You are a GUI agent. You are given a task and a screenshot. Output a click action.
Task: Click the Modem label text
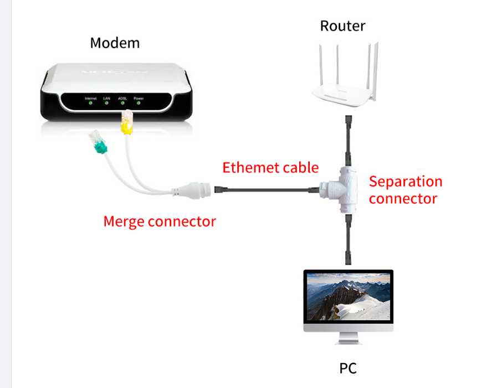pos(115,43)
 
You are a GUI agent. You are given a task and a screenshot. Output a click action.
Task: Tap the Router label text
pos(342,25)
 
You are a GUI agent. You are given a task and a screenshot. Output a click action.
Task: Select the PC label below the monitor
pos(347,368)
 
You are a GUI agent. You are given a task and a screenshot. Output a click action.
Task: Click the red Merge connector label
pos(160,221)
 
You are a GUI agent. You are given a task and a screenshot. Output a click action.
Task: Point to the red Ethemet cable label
pos(270,167)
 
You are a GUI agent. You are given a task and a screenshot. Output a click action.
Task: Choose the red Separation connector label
pos(406,190)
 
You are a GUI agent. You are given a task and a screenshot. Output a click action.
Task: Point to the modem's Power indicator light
pos(139,102)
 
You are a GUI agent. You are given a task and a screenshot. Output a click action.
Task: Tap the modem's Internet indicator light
pos(90,102)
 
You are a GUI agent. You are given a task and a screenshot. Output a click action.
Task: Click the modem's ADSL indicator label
pos(122,98)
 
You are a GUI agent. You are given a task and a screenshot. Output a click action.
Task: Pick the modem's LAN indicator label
pos(107,98)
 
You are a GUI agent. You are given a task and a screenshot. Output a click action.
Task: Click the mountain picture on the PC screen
pos(348,299)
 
